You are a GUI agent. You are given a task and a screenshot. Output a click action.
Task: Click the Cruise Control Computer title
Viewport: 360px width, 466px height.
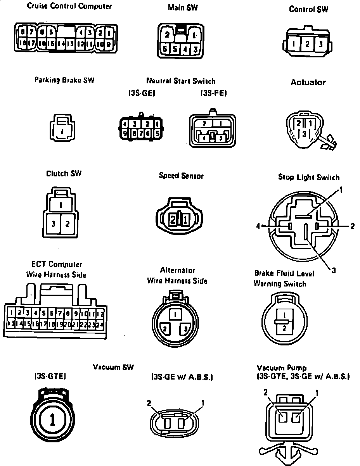(69, 6)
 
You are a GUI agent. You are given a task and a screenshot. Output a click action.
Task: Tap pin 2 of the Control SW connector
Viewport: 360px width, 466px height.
(307, 44)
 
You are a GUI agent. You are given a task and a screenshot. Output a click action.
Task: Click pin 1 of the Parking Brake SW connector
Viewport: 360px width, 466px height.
(62, 131)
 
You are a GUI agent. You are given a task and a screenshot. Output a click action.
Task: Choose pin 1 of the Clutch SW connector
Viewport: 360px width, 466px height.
(61, 204)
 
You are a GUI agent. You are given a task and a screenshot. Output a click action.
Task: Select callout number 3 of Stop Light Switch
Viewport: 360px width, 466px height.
(334, 271)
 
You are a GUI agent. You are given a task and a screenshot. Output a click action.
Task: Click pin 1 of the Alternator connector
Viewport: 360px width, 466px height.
(176, 314)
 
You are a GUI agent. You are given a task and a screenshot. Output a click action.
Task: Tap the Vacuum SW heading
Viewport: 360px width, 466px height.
(113, 367)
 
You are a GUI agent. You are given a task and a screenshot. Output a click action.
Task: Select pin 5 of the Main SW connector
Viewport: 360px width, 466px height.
(175, 49)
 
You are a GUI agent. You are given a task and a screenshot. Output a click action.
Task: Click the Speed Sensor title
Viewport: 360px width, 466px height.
(181, 176)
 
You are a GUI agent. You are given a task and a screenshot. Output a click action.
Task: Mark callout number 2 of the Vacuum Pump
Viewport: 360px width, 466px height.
(266, 392)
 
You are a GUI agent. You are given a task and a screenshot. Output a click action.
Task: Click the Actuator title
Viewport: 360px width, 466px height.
(308, 82)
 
